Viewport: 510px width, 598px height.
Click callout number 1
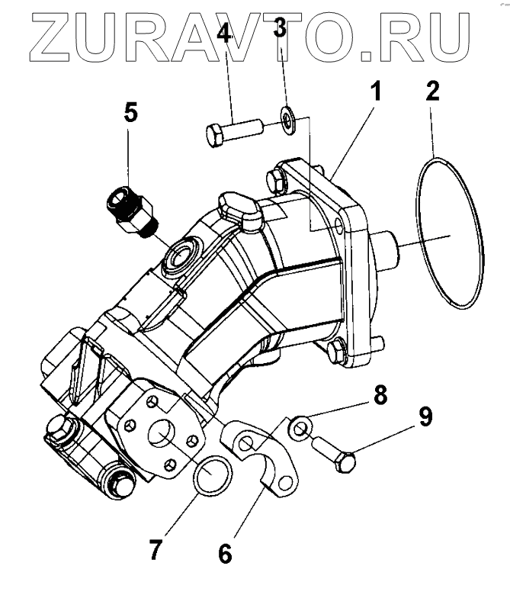(374, 95)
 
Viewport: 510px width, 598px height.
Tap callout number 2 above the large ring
(431, 94)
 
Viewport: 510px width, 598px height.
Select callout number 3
(280, 31)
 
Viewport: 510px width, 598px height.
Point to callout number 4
(226, 34)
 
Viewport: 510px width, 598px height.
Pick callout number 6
(225, 552)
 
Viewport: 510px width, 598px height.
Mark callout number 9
(424, 416)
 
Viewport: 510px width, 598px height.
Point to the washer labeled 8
(299, 429)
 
